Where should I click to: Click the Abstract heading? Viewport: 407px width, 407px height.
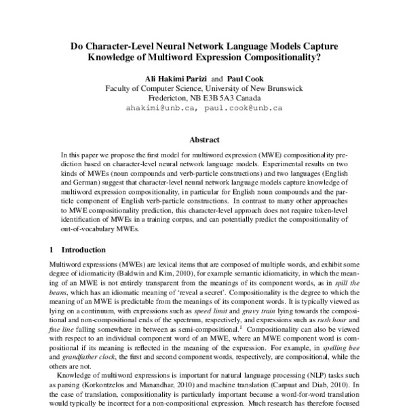pos(203,140)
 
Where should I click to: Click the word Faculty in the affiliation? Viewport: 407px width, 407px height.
pos(119,88)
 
